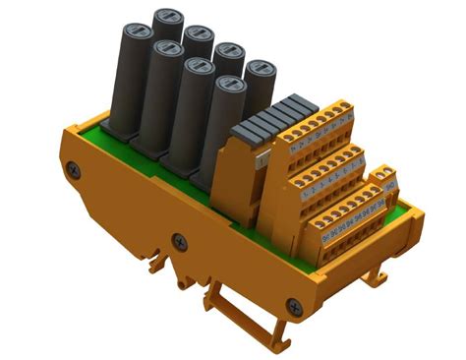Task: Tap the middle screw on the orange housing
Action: point(179,240)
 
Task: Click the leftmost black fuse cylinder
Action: point(128,84)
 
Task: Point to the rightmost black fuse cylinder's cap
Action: point(260,71)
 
